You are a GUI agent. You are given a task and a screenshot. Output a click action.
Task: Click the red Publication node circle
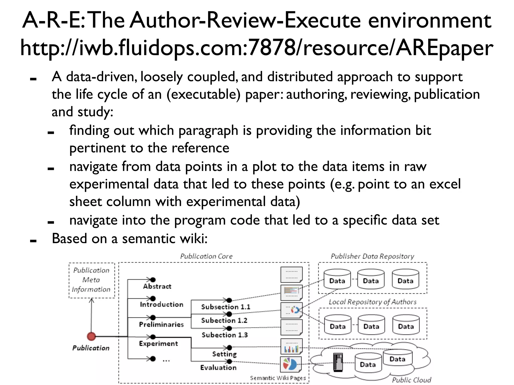click(x=91, y=336)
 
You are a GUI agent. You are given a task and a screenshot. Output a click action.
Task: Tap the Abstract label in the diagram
click(x=157, y=286)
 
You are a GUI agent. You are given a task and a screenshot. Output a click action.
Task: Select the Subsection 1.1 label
click(x=226, y=307)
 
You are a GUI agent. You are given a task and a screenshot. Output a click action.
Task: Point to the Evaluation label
click(x=218, y=367)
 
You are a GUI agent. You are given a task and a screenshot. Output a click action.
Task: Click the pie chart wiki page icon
click(x=291, y=364)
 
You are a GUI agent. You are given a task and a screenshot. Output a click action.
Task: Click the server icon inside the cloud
click(x=338, y=362)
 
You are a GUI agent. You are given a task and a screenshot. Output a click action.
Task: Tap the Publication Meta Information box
click(x=92, y=280)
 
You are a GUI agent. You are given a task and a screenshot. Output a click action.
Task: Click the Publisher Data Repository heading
click(x=372, y=256)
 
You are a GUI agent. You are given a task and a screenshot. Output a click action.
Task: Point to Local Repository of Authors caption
click(x=372, y=302)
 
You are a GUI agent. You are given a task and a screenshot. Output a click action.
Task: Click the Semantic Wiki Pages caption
click(x=278, y=378)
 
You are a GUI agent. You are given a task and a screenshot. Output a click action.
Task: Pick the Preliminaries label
click(x=161, y=324)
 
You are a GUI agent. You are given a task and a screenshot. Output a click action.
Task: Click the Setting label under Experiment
click(x=224, y=354)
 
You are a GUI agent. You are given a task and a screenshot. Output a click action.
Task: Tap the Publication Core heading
click(x=206, y=256)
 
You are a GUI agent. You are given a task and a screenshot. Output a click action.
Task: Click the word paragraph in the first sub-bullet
click(x=208, y=131)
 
